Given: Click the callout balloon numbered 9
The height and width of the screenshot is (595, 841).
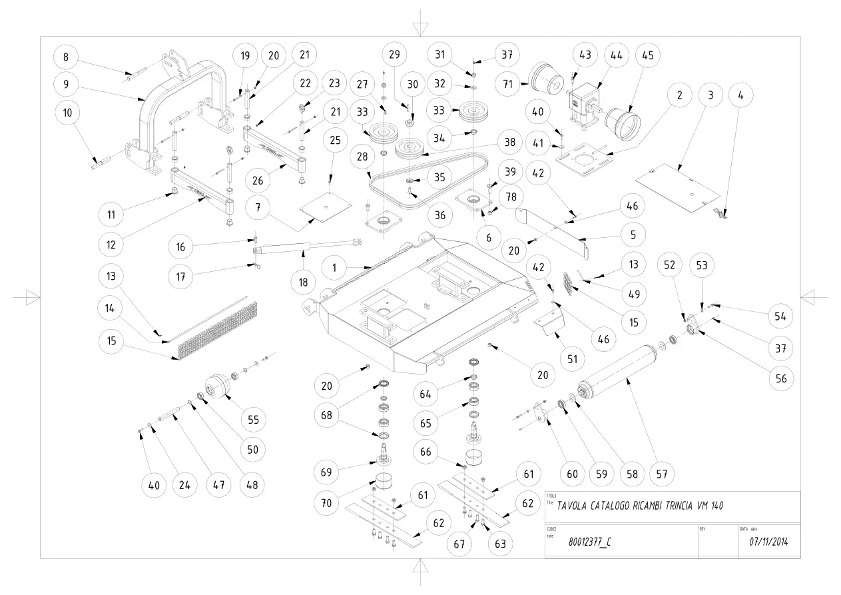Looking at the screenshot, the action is pyautogui.click(x=66, y=84).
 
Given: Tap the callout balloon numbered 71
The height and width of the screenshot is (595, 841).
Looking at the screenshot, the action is pyautogui.click(x=507, y=84).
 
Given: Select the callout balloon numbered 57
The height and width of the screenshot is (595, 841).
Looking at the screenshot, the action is pyautogui.click(x=661, y=474).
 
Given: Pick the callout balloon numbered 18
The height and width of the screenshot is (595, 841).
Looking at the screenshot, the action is pyautogui.click(x=304, y=282).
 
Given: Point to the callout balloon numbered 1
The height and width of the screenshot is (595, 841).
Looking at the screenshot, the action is pyautogui.click(x=334, y=268).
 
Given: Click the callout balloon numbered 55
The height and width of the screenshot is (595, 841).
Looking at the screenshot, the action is pyautogui.click(x=254, y=420).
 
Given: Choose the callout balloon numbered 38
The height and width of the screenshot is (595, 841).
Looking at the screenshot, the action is pyautogui.click(x=510, y=142).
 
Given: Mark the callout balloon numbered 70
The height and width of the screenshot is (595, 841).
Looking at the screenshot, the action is pyautogui.click(x=326, y=503).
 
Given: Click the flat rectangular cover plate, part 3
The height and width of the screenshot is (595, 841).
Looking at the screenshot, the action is pyautogui.click(x=678, y=187).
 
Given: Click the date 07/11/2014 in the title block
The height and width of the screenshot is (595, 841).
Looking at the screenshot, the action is pyautogui.click(x=768, y=542).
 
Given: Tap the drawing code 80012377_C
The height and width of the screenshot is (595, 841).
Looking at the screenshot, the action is pyautogui.click(x=589, y=542).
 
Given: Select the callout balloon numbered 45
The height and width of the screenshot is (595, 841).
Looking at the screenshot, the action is pyautogui.click(x=648, y=55).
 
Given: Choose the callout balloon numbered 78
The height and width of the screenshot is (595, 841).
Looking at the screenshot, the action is pyautogui.click(x=511, y=197).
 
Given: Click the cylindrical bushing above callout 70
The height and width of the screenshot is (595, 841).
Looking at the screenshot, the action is pyautogui.click(x=384, y=481).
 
